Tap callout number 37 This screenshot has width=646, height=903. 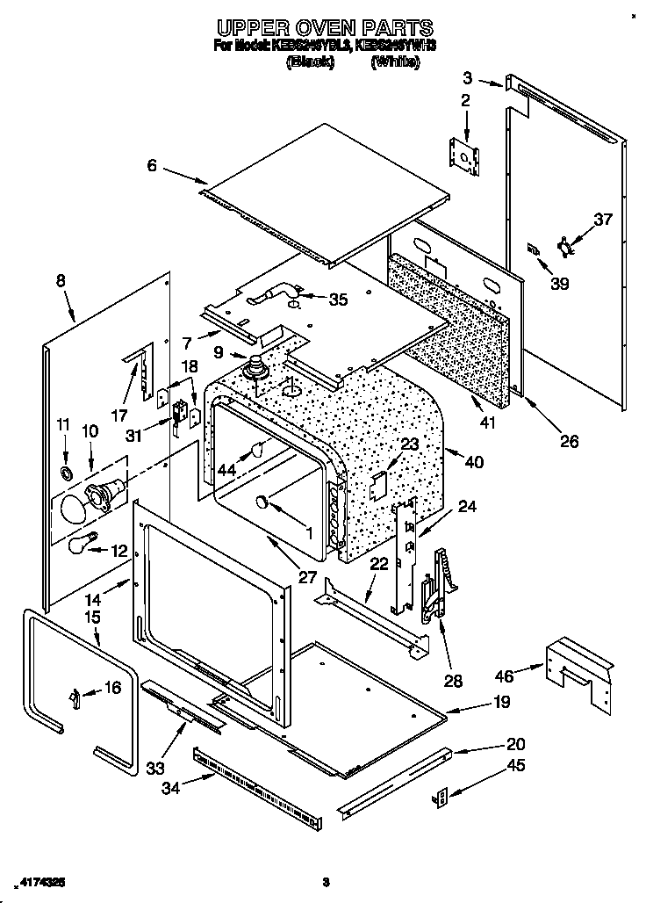tap(602, 220)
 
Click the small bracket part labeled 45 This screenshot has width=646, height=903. tap(442, 796)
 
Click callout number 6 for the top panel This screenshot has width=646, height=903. tap(153, 164)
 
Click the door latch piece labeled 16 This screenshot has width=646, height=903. tap(76, 697)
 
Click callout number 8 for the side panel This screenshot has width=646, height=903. tap(60, 281)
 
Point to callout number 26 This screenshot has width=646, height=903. tap(569, 441)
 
